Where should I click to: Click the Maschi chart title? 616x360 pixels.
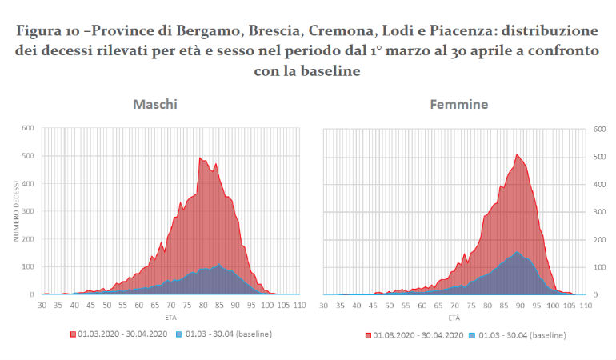155,105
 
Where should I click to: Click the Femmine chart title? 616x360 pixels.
459,105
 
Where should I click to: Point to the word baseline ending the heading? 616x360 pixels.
334,71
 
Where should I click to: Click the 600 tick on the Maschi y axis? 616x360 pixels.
28,128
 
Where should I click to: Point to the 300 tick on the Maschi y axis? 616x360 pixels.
28,211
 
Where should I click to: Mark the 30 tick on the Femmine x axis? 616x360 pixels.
323,305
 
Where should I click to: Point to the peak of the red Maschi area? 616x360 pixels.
200,158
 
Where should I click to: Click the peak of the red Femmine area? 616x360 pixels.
517,154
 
